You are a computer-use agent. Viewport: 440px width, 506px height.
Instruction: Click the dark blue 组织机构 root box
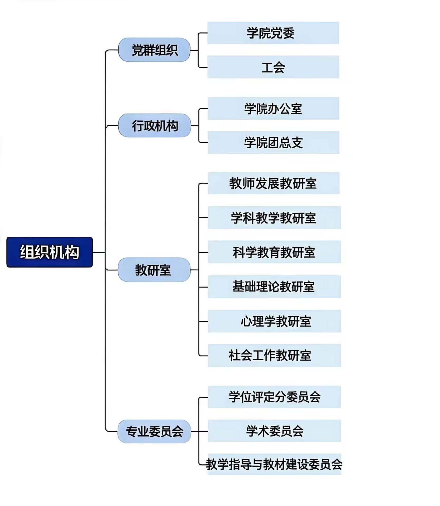[x=50, y=252]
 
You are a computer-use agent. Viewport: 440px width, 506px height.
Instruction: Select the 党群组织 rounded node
[x=154, y=50]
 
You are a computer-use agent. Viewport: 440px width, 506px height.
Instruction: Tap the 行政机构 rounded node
[x=155, y=125]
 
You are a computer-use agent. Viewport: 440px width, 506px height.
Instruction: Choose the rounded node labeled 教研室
[x=154, y=270]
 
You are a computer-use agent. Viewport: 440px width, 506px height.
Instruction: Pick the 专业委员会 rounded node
[x=154, y=431]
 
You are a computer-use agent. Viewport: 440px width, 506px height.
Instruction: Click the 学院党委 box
[x=273, y=33]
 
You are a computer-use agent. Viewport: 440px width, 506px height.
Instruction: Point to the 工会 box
[x=273, y=67]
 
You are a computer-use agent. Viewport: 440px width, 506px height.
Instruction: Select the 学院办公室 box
[x=273, y=108]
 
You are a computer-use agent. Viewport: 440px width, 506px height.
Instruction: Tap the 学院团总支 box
[x=273, y=142]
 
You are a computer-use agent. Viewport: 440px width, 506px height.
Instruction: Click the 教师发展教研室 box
[x=273, y=183]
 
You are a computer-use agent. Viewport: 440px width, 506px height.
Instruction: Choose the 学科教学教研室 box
[x=274, y=217]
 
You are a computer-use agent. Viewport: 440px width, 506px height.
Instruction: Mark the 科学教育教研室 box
[x=274, y=252]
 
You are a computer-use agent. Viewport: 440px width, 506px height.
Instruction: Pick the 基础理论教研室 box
[x=274, y=286]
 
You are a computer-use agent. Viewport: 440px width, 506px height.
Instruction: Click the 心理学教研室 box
[x=274, y=321]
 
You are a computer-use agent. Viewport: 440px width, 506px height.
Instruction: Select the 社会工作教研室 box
[x=274, y=355]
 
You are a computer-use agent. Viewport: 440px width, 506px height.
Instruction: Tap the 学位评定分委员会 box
[x=274, y=397]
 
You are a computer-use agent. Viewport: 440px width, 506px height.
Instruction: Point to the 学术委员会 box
[x=274, y=431]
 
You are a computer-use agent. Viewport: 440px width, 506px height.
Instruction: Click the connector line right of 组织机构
[x=99, y=252]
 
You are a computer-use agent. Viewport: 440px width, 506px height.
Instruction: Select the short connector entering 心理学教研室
[x=203, y=322]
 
